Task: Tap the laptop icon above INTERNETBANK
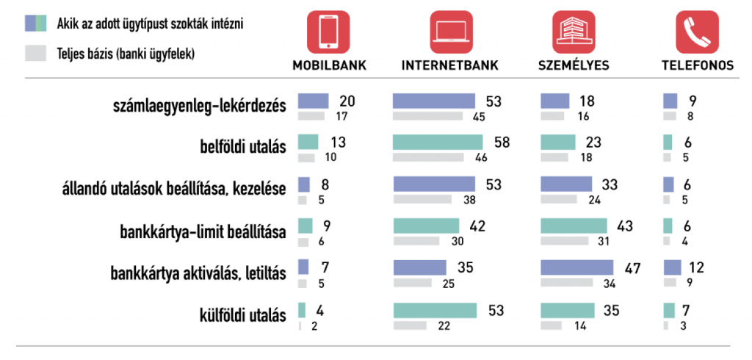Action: pos(449,32)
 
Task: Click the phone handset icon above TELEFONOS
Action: pos(697,32)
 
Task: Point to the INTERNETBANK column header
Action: pos(449,65)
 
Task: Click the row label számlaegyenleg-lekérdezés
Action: pos(198,106)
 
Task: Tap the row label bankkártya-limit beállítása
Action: pos(203,232)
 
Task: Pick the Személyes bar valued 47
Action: pos(576,267)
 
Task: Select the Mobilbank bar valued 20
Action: pos(313,101)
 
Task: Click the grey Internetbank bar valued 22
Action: pos(410,325)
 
